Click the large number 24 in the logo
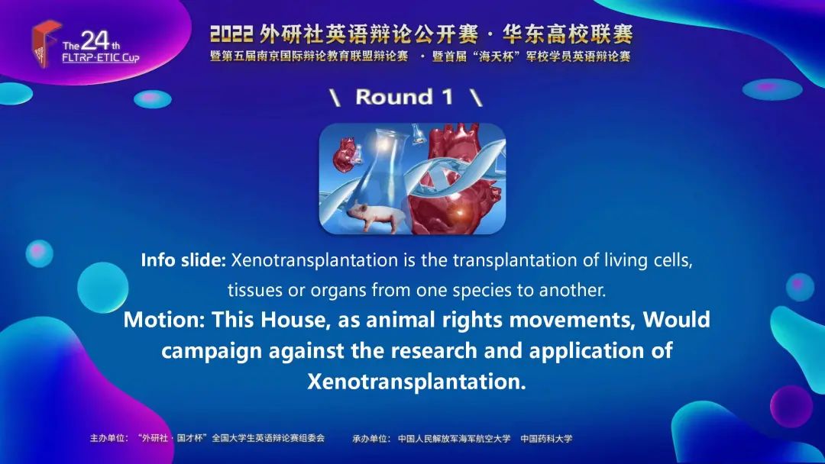[x=95, y=41]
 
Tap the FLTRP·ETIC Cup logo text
[x=101, y=58]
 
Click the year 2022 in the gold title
[x=231, y=34]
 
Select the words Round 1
[x=404, y=97]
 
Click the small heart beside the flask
[x=345, y=153]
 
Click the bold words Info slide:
[x=183, y=260]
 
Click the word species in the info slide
[x=483, y=290]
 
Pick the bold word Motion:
[x=164, y=320]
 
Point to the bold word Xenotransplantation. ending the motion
[x=417, y=382]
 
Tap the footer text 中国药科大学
[x=546, y=438]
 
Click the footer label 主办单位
[x=108, y=438]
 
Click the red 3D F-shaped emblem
[x=44, y=43]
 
